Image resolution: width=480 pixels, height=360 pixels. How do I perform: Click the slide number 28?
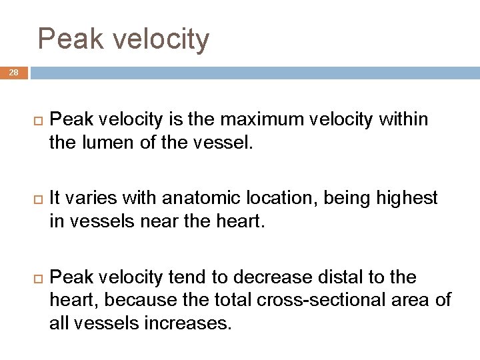(13, 73)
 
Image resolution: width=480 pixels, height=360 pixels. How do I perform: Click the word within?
(403, 119)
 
